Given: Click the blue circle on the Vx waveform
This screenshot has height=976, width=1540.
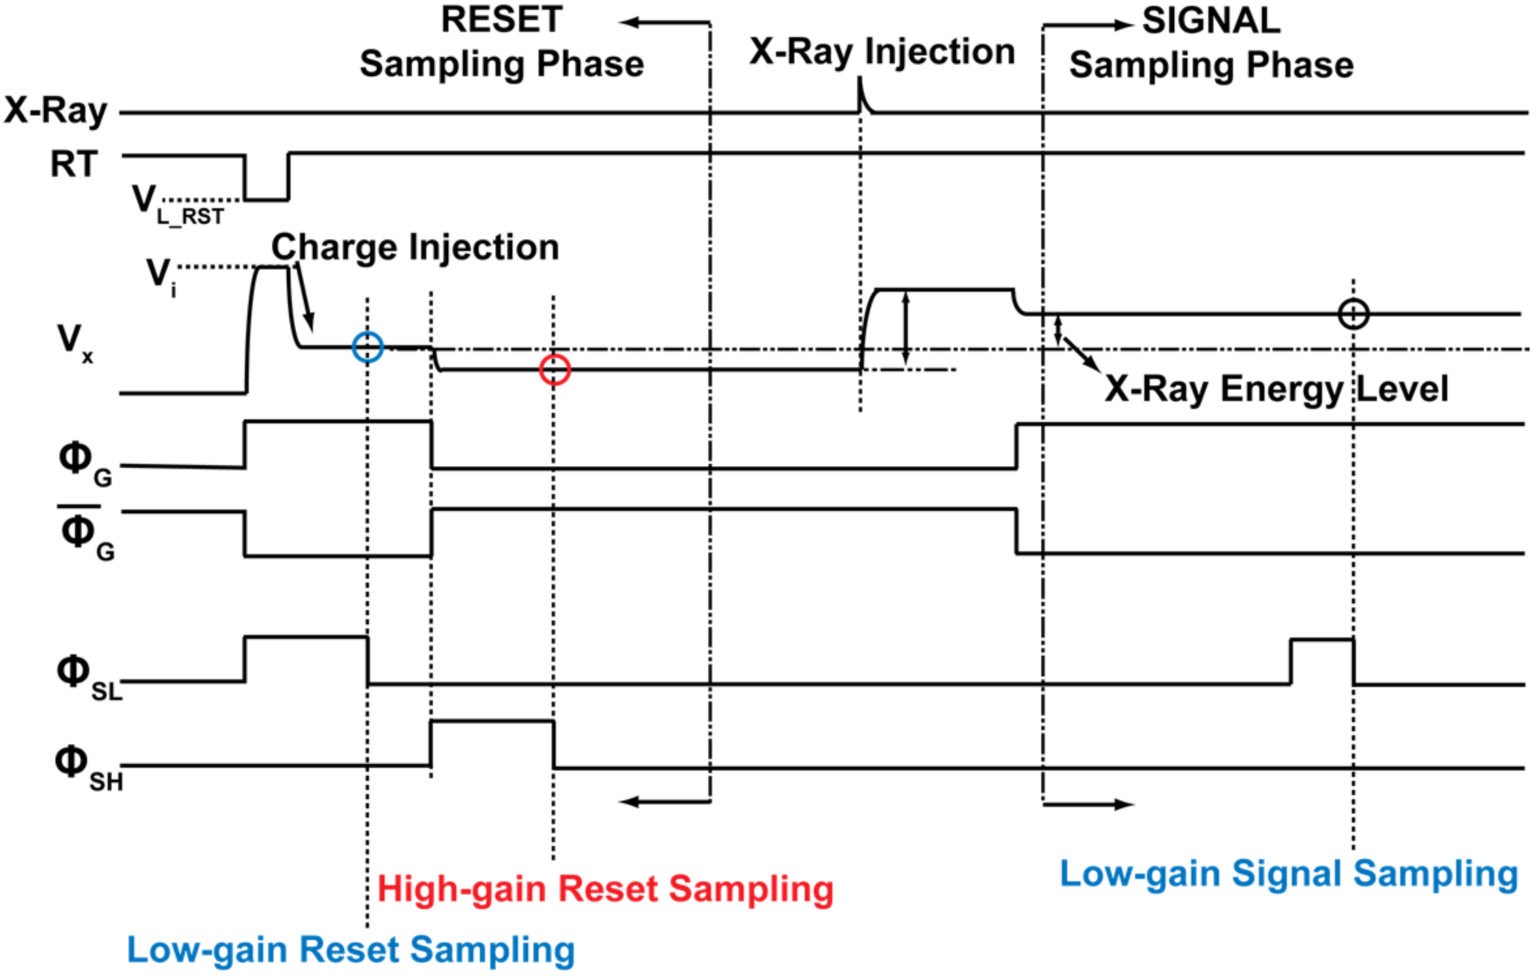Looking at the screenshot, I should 368,346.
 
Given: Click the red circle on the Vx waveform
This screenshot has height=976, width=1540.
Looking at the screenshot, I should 555,369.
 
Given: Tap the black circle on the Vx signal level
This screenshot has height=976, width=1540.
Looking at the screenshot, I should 1353,314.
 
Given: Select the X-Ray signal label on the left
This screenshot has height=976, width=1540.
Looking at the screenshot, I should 55,111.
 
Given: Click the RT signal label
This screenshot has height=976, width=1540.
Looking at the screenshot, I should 74,164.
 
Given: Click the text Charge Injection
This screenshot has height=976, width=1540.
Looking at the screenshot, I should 415,247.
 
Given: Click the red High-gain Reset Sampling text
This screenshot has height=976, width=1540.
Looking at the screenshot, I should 605,889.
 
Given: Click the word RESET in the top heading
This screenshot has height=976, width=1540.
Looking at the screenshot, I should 501,20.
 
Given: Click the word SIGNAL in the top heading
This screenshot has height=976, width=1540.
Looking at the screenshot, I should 1211,21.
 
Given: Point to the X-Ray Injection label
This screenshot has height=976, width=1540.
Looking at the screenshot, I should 881,52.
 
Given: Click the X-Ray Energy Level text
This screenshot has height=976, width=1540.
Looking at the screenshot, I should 1276,389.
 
